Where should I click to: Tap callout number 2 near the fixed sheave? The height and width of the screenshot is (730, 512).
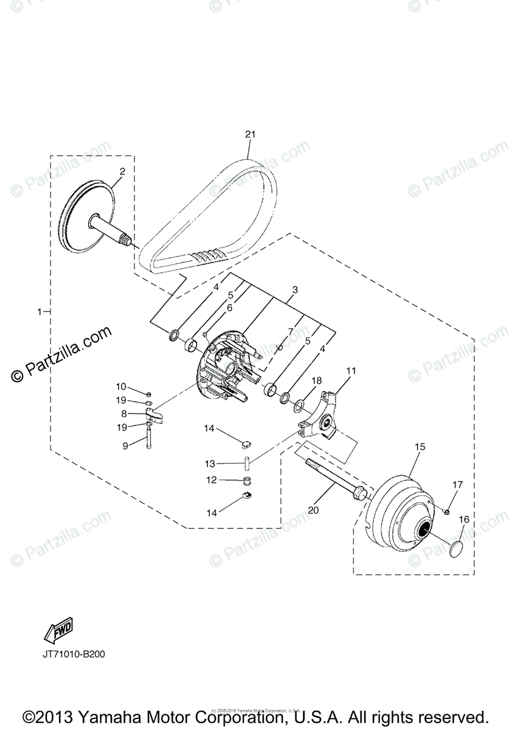tap(122, 172)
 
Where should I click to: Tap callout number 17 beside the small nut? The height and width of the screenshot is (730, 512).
tap(457, 485)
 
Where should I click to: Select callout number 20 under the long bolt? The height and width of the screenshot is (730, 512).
tap(313, 510)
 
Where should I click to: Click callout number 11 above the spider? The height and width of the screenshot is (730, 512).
tap(351, 370)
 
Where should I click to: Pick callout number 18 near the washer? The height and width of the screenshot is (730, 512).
tap(316, 380)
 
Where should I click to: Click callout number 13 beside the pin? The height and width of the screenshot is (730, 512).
tap(209, 464)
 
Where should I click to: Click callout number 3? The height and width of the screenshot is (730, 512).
tap(294, 290)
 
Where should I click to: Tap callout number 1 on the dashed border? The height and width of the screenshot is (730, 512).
tap(40, 311)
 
